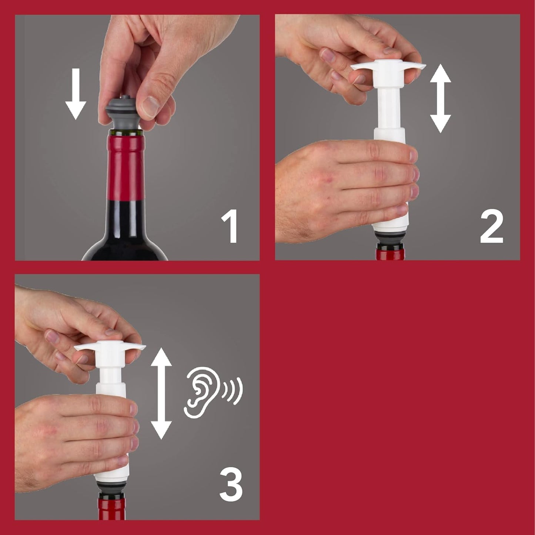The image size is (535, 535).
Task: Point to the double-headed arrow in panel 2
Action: click(440, 99)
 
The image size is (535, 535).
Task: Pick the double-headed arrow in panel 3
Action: click(161, 393)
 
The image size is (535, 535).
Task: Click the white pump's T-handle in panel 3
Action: click(110, 348)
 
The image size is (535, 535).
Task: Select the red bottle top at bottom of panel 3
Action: click(111, 510)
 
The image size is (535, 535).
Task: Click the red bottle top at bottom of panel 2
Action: click(390, 254)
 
